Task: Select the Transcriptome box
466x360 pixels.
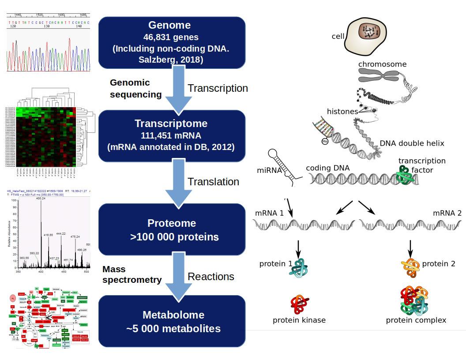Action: coord(171,135)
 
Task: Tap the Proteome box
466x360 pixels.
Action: coord(171,229)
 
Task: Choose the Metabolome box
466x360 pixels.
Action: coord(171,321)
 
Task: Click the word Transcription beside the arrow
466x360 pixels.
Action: coord(218,88)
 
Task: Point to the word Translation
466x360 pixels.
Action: coord(214,182)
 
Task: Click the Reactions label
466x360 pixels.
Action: coord(211,277)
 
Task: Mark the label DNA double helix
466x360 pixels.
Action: coord(412,143)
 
